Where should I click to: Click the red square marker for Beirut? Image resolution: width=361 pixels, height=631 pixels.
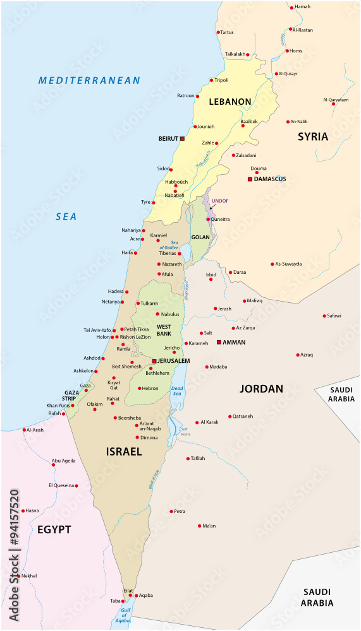click(183, 138)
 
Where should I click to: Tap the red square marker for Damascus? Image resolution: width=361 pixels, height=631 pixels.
click(250, 179)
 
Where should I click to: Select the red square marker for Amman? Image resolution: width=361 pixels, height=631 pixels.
click(219, 342)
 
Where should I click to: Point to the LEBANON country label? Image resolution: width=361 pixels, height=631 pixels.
click(231, 102)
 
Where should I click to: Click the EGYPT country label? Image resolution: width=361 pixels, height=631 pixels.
click(54, 529)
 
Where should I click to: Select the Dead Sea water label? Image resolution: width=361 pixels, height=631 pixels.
click(177, 391)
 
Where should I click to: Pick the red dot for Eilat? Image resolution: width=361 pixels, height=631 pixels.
click(130, 595)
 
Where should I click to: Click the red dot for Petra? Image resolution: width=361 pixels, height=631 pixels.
click(171, 511)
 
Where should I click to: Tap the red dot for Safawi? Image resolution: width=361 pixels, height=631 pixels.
click(324, 315)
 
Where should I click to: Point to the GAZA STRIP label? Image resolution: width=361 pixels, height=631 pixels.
click(71, 396)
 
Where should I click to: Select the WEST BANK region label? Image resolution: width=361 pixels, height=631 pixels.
click(164, 329)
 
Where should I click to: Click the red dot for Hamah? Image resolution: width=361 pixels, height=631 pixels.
click(291, 7)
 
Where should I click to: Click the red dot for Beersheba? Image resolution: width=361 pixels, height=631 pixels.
click(114, 418)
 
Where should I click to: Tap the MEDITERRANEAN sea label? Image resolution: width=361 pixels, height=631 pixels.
click(89, 80)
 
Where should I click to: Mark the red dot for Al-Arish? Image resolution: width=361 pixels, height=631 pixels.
click(24, 430)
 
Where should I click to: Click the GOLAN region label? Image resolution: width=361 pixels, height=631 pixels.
click(200, 238)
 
